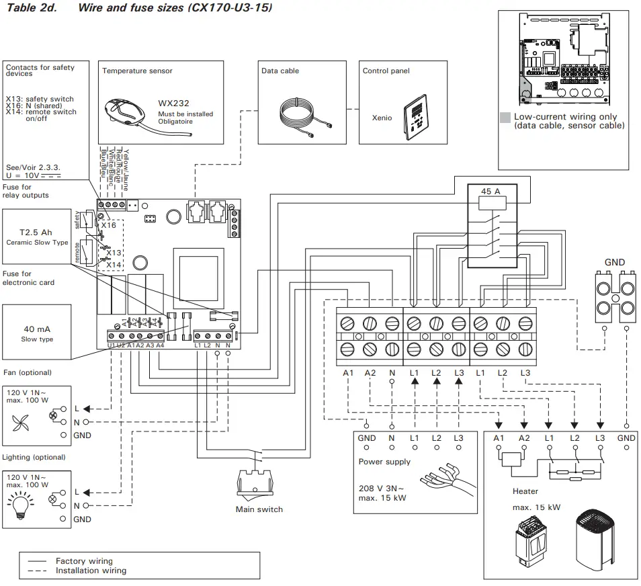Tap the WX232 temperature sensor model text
coord(173,103)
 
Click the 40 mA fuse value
coord(37,329)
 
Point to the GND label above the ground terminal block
coord(614,262)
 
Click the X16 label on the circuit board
coord(108,225)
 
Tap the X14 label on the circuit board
coord(114,265)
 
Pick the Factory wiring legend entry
coord(84,560)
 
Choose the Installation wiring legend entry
coord(90,571)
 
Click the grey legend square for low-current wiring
coord(505,117)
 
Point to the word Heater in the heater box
coord(525,491)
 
